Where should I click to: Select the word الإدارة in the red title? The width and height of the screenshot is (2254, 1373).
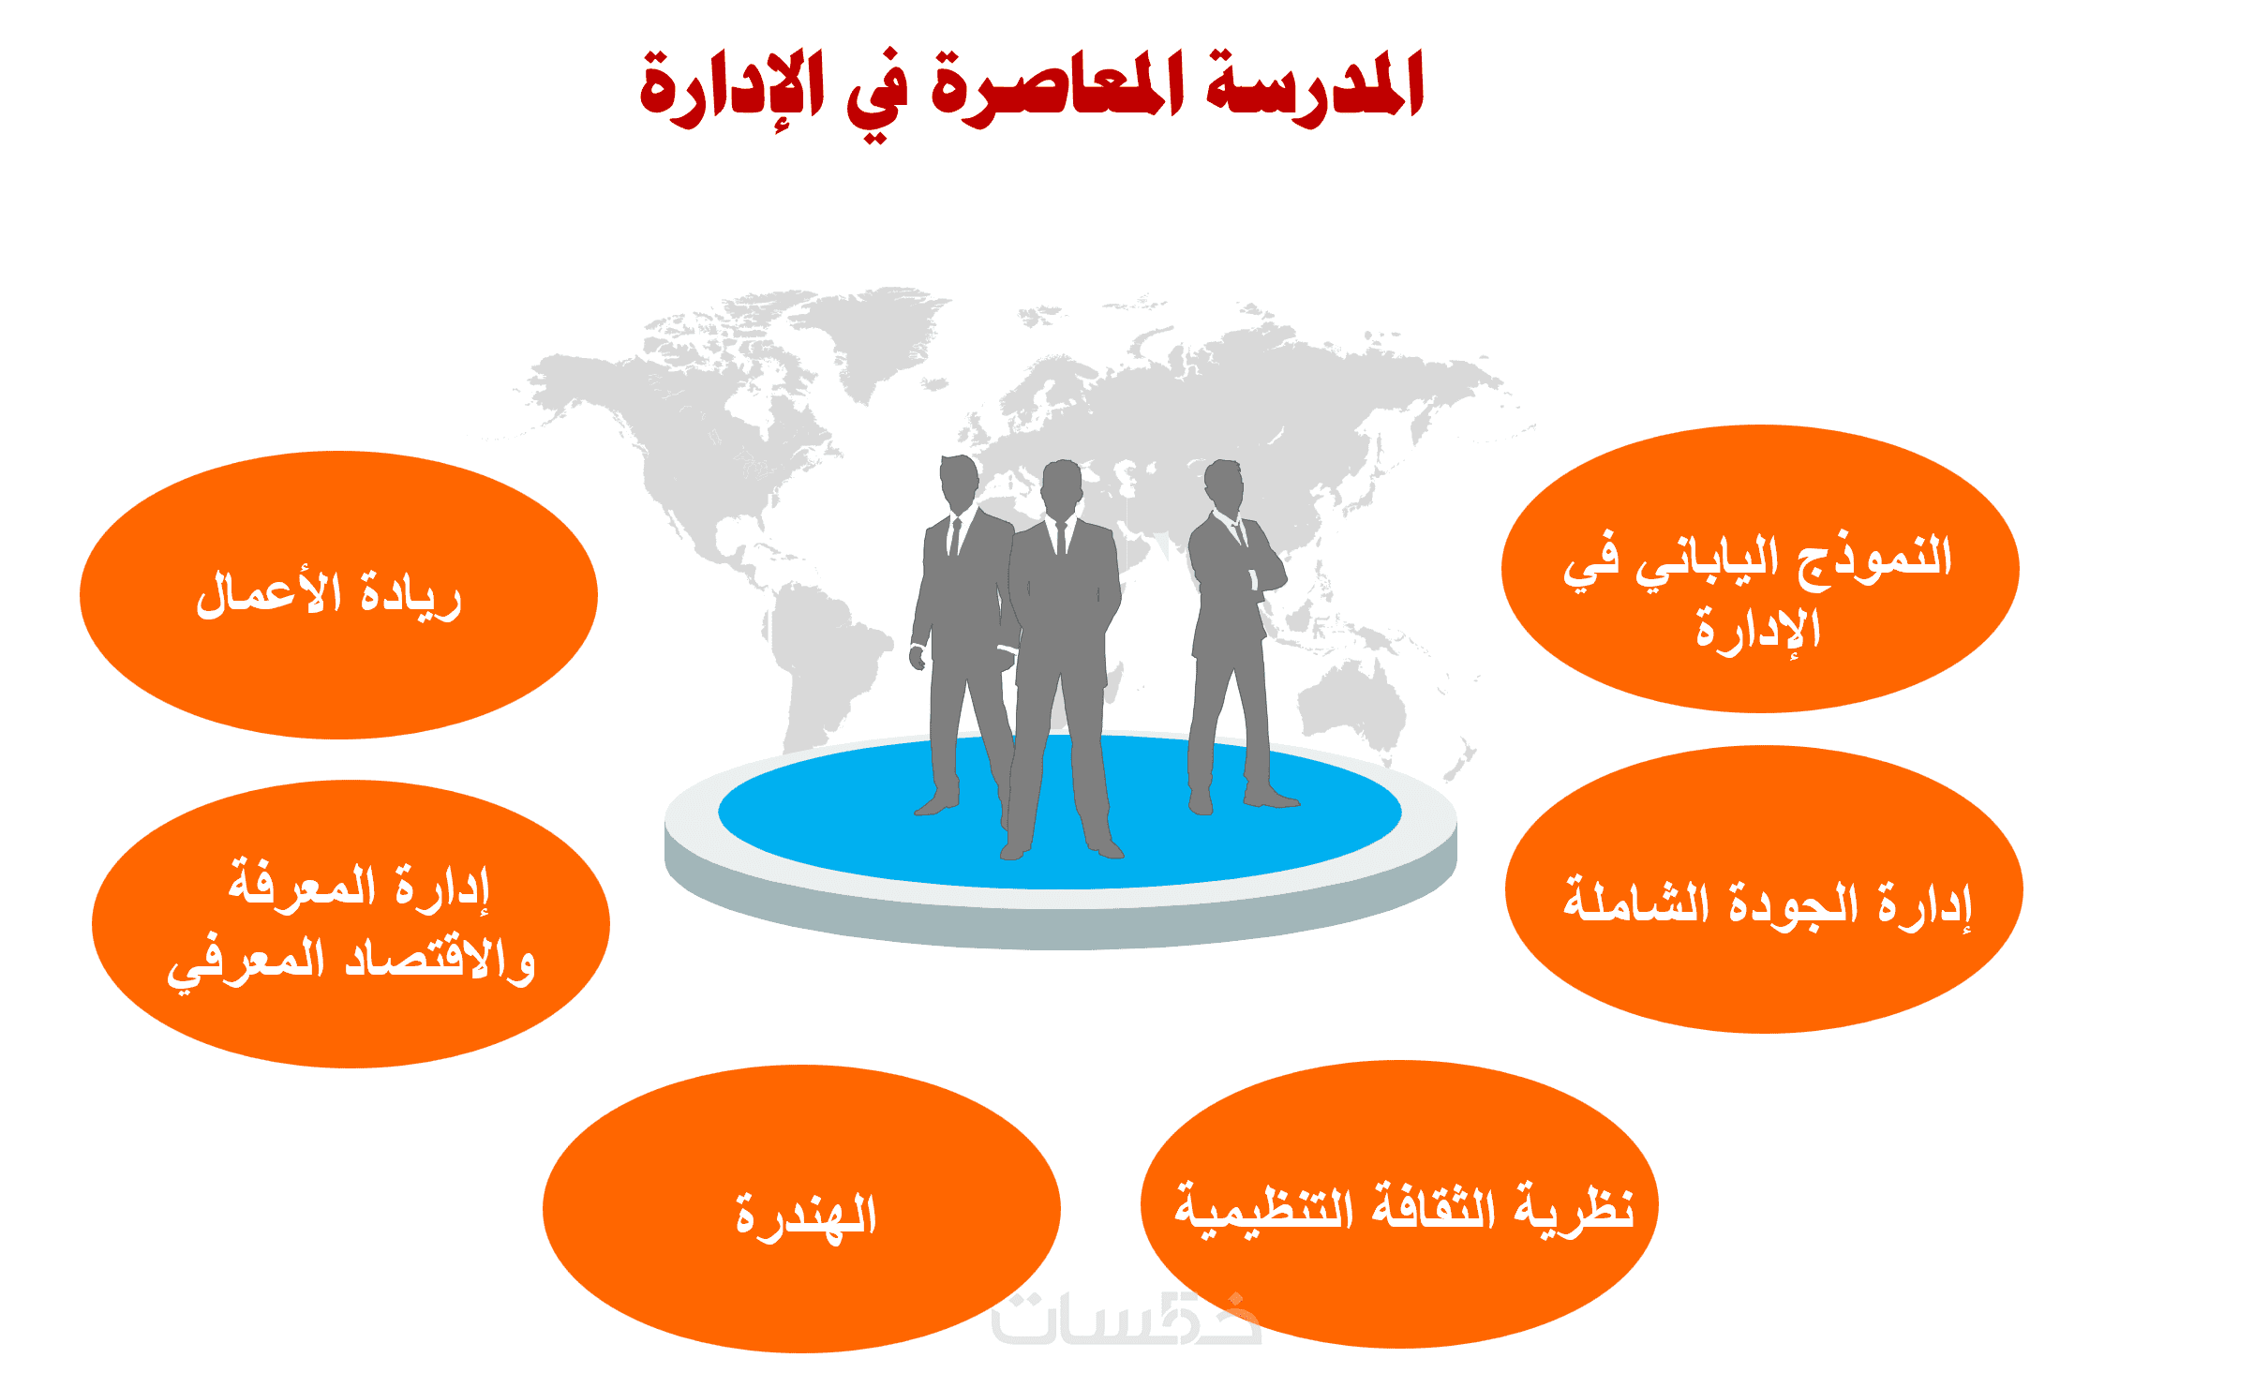(732, 89)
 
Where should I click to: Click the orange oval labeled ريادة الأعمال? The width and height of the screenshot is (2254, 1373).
(338, 595)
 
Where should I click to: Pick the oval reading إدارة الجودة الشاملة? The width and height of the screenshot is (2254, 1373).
(1764, 889)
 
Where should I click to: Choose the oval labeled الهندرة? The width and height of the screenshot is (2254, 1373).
(801, 1209)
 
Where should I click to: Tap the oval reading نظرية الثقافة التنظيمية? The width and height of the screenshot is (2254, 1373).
(1399, 1204)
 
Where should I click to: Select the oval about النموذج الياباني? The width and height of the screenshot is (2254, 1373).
(1760, 569)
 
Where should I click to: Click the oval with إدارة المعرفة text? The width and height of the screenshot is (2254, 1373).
(351, 924)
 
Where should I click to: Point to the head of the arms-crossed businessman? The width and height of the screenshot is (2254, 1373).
(1223, 485)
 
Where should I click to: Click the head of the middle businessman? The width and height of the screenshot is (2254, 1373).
(1062, 487)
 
